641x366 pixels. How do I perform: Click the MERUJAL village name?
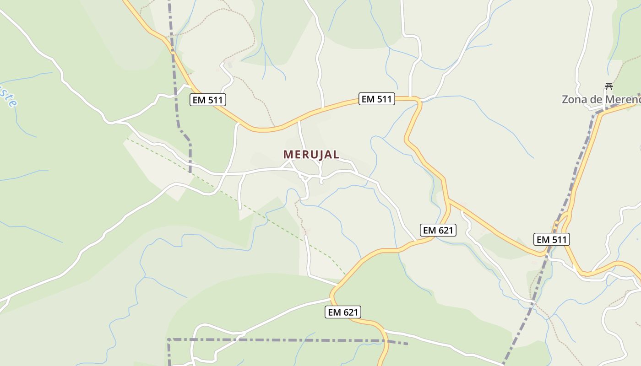coord(311,155)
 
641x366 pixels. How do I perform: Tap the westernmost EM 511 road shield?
coord(208,100)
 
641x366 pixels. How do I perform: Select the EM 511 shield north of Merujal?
coord(376,99)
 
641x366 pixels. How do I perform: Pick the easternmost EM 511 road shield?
coord(552,239)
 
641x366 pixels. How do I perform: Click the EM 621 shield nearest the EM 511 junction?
coord(438,230)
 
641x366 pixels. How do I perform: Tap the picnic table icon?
coord(608,86)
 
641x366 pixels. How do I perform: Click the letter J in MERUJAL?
coord(319,155)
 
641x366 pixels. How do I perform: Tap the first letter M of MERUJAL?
coord(288,155)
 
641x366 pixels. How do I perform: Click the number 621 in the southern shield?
coord(350,312)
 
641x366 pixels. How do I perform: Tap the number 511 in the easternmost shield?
coord(559,239)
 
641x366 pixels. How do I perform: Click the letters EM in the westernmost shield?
coord(199,100)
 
